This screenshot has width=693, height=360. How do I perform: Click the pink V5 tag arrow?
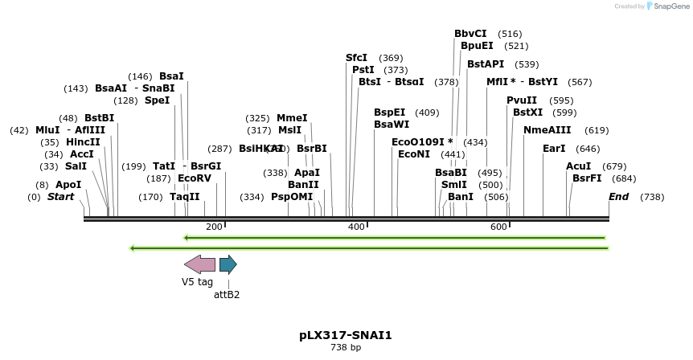click(199, 264)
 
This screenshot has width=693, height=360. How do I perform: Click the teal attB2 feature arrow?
click(228, 264)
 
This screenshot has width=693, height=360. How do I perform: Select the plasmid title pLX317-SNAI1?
click(346, 335)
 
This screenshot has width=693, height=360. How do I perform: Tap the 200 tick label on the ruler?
click(214, 227)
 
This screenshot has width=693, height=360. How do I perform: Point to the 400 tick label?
click(356, 227)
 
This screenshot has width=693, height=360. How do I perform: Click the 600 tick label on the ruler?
click(498, 227)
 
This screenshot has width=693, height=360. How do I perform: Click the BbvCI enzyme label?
click(470, 34)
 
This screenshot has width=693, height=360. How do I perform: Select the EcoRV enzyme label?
click(195, 178)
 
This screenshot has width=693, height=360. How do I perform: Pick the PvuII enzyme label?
click(522, 100)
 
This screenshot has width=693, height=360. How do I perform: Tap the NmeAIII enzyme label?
click(547, 130)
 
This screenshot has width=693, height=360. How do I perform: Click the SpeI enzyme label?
click(158, 100)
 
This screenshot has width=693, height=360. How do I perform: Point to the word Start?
click(60, 197)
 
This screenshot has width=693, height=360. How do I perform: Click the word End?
click(618, 197)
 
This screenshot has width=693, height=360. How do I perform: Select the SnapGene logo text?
click(670, 6)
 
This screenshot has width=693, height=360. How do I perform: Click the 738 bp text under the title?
click(346, 347)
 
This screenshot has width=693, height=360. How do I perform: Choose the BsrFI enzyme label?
click(587, 178)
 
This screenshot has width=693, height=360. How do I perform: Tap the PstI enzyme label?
click(363, 70)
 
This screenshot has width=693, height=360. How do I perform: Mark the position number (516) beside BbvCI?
click(510, 34)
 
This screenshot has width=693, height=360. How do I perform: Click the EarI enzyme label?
click(554, 149)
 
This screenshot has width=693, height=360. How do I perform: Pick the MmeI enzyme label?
click(292, 118)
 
